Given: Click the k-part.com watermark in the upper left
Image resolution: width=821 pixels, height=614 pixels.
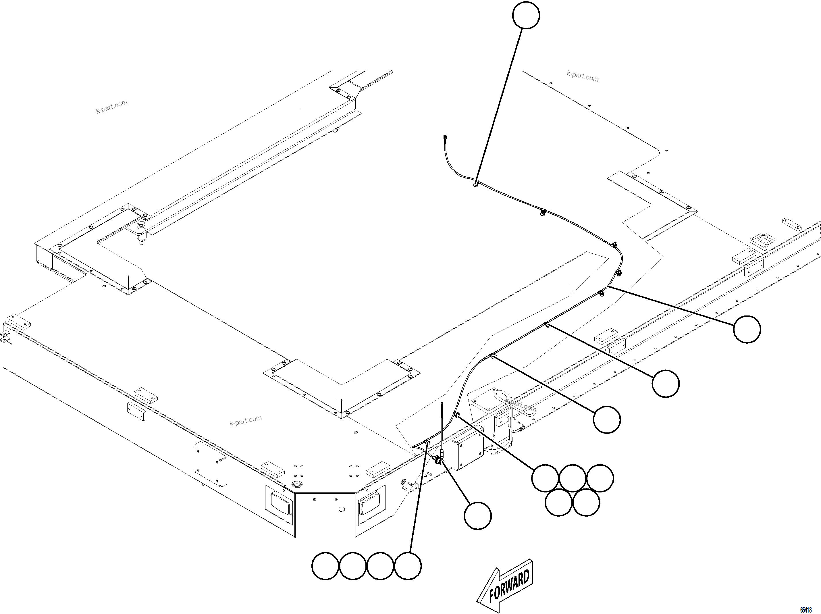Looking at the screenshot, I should [111, 107].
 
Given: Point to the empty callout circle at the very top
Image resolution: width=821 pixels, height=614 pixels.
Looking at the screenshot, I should [526, 15].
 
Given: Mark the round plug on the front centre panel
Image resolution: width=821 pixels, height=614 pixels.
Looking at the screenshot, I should [342, 509].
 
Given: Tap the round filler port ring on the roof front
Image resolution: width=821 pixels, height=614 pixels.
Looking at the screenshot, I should [296, 484].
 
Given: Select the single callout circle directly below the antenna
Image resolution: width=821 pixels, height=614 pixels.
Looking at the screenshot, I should [478, 516].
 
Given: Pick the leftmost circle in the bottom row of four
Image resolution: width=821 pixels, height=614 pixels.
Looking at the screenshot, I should [325, 566].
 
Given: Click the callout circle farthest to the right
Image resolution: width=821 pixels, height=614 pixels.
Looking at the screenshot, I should [747, 329].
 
